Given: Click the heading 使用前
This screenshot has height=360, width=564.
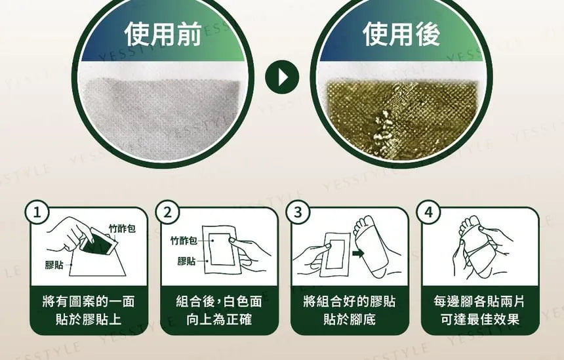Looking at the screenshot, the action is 163,34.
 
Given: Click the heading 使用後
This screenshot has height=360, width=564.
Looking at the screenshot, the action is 401,34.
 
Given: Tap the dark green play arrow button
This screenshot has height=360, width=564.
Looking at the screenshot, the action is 282,77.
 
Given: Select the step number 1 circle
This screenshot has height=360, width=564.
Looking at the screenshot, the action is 37,212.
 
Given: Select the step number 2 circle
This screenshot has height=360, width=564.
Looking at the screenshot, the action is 168,212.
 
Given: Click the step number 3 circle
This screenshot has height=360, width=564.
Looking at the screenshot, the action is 298,212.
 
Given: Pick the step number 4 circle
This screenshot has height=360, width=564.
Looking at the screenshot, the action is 428,212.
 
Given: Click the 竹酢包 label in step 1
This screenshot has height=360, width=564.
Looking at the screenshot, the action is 122,228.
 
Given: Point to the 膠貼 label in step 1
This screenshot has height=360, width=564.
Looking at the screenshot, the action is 54,265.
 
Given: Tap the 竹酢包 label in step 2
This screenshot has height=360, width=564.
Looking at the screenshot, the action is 184,240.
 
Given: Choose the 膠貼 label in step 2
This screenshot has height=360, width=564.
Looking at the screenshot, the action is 186,261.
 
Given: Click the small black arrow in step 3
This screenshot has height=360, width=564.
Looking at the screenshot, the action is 358,254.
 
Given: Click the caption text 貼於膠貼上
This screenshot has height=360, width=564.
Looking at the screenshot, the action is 89,319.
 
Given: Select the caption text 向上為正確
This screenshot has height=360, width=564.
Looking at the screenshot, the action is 219,319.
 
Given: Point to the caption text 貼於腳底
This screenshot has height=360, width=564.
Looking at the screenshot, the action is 350,319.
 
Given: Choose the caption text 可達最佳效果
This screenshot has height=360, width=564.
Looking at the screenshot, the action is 480,319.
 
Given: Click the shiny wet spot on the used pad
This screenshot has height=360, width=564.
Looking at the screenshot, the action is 383,128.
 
